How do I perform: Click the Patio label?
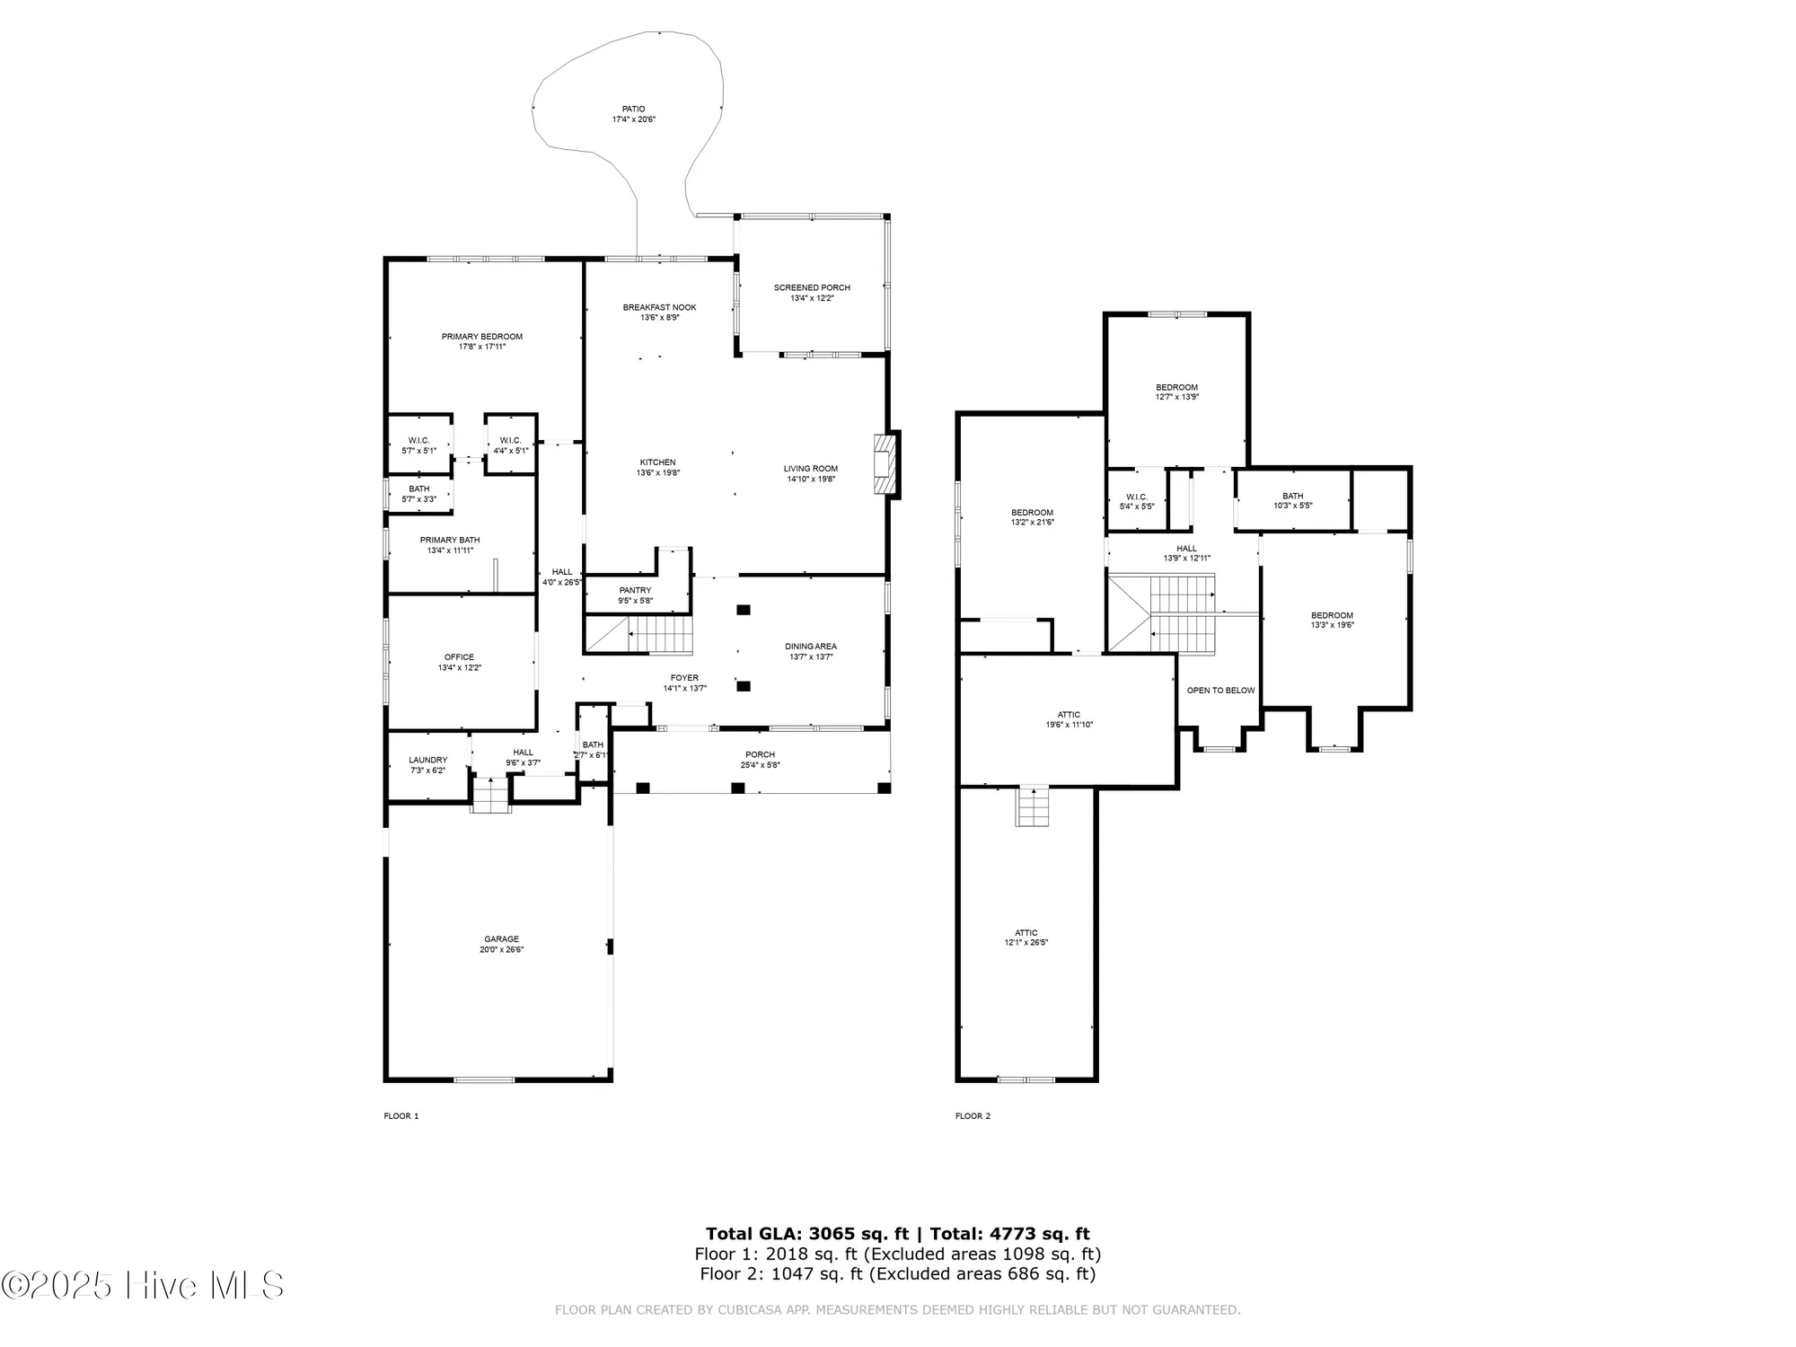pyautogui.click(x=634, y=110)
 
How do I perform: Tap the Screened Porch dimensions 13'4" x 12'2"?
pyautogui.click(x=812, y=298)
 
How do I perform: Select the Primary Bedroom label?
pyautogui.click(x=481, y=337)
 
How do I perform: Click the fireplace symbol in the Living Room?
pyautogui.click(x=886, y=464)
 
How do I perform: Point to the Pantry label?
pyautogui.click(x=635, y=590)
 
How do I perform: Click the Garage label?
pyautogui.click(x=501, y=939)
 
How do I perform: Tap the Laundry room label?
pyautogui.click(x=427, y=760)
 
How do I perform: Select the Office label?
pyautogui.click(x=459, y=657)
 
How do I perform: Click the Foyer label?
pyautogui.click(x=684, y=678)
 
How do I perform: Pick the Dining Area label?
pyautogui.click(x=811, y=647)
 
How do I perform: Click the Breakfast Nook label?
pyautogui.click(x=659, y=308)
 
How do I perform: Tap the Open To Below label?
pyautogui.click(x=1220, y=691)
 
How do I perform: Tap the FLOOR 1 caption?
pyautogui.click(x=401, y=1116)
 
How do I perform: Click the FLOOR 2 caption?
pyautogui.click(x=973, y=1116)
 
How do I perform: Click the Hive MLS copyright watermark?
pyautogui.click(x=144, y=1285)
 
